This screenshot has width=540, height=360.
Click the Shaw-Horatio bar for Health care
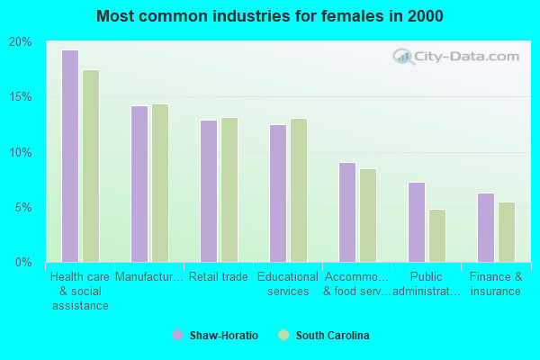click(x=69, y=156)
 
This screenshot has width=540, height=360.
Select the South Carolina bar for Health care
click(x=91, y=166)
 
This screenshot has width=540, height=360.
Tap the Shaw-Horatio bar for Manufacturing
click(x=139, y=184)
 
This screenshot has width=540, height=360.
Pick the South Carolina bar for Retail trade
click(x=229, y=190)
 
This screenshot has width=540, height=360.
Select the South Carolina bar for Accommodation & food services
click(x=368, y=215)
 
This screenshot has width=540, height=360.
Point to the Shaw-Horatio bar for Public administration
click(x=416, y=221)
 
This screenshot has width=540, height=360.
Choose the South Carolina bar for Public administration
click(x=437, y=235)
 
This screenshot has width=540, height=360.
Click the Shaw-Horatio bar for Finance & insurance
click(x=485, y=227)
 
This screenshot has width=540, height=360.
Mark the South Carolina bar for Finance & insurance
click(x=507, y=231)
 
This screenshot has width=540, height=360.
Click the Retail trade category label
click(x=220, y=277)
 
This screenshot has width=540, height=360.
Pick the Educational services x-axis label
click(x=288, y=284)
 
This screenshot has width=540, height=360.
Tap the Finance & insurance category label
click(x=496, y=284)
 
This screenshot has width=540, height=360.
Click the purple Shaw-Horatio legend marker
click(x=177, y=336)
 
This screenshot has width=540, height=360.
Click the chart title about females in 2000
click(x=270, y=16)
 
